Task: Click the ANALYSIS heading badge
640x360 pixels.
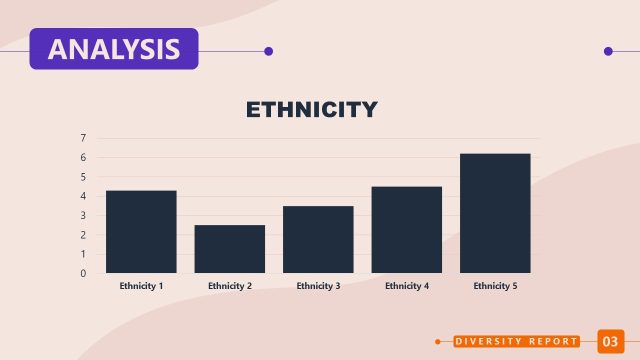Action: [114, 49]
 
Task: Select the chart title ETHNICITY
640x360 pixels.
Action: [312, 110]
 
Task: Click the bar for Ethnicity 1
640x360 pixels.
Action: [141, 231]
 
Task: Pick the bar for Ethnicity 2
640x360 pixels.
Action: [230, 249]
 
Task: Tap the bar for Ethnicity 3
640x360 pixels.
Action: [318, 239]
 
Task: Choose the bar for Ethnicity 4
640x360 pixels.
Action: [407, 229]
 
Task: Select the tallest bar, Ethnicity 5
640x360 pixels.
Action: [495, 213]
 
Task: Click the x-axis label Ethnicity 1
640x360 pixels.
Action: [141, 286]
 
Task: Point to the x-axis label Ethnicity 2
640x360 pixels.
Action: [230, 286]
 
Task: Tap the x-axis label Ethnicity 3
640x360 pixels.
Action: [318, 286]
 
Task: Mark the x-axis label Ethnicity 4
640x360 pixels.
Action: [407, 286]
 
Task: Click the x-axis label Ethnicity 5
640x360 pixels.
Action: [495, 286]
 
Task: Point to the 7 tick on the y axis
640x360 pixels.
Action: [83, 138]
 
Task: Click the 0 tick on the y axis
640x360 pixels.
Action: [83, 273]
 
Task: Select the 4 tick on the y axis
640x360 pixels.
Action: [83, 196]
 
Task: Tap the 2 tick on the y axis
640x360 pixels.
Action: [83, 235]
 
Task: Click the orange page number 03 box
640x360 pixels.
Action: [610, 342]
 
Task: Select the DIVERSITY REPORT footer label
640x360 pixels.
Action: [516, 342]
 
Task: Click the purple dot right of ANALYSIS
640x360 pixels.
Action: [268, 51]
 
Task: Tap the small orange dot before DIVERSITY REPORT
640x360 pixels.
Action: [438, 342]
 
